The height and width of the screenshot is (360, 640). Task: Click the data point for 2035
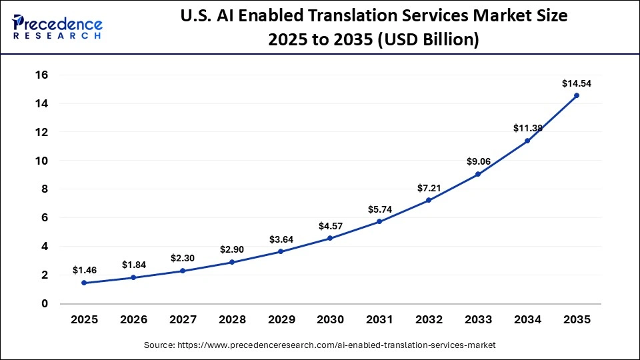click(577, 95)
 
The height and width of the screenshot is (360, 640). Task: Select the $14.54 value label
click(577, 83)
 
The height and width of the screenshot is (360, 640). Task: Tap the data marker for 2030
click(330, 238)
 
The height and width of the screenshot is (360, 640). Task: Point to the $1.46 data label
click(84, 271)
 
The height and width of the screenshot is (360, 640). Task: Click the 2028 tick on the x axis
click(232, 319)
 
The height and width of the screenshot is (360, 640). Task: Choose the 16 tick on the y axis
click(41, 75)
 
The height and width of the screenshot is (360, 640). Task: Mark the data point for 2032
click(429, 200)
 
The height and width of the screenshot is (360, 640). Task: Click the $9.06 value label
click(478, 161)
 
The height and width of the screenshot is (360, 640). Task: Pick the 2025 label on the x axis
click(84, 319)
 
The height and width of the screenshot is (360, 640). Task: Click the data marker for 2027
click(183, 271)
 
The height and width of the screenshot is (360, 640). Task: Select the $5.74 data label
click(379, 209)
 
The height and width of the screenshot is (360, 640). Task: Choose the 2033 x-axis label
click(478, 319)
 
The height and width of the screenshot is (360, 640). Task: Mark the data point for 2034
click(527, 141)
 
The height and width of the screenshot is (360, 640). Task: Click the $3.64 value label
click(281, 239)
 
